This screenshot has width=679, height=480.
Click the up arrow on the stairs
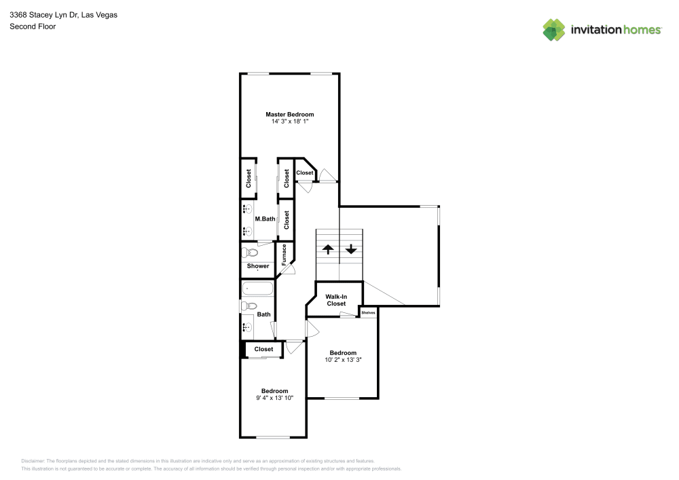point(327,249)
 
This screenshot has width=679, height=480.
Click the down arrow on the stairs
point(351,249)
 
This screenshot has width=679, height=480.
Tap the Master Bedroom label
point(290,114)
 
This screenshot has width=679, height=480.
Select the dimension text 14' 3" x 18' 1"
point(290,122)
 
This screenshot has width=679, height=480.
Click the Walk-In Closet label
point(336,300)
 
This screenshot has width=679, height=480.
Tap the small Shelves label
point(368,312)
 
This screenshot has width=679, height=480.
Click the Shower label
point(257,266)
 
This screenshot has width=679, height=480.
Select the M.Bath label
point(265,219)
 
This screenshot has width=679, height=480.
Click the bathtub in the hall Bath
point(257,289)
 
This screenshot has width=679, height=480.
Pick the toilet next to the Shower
point(245,253)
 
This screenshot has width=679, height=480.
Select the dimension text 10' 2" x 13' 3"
point(343,360)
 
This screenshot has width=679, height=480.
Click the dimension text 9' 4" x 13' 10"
point(275,398)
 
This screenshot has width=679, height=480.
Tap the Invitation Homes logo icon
point(553,29)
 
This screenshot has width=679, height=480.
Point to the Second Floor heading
point(32,26)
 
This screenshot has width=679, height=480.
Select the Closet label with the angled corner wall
point(305,173)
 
